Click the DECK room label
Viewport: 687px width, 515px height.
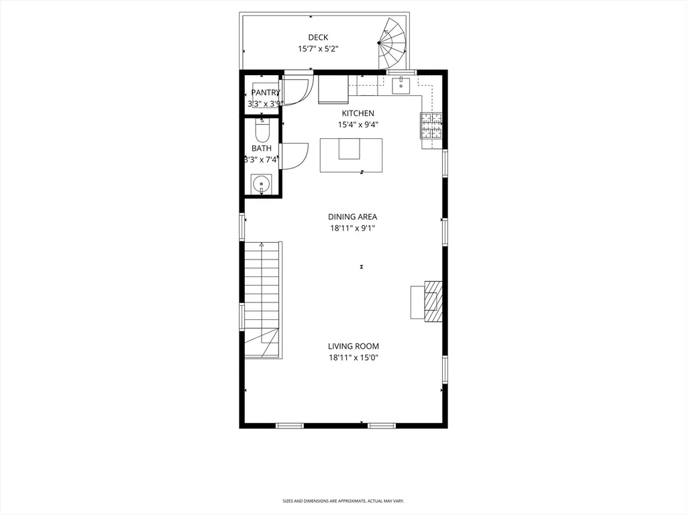click(318, 38)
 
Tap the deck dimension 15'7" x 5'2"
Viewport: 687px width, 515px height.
click(318, 49)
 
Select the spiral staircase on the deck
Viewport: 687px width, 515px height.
click(393, 44)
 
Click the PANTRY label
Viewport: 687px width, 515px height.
click(266, 93)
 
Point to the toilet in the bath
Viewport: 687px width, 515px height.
click(262, 129)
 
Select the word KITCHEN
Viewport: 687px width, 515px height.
click(358, 113)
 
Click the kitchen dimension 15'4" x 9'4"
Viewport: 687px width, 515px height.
click(358, 125)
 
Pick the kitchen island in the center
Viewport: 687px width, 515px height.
click(351, 155)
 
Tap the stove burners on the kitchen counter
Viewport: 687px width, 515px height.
click(431, 125)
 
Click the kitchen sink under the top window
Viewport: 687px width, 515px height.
click(401, 85)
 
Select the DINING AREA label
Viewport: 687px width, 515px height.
click(352, 217)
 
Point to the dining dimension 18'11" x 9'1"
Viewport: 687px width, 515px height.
click(352, 228)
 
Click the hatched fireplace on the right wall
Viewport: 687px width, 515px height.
click(433, 301)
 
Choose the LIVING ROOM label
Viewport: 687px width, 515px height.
click(353, 346)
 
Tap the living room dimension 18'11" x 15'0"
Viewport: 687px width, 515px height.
click(353, 357)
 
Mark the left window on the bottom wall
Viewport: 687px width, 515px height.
click(290, 425)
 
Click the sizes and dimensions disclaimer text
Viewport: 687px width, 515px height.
click(343, 501)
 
